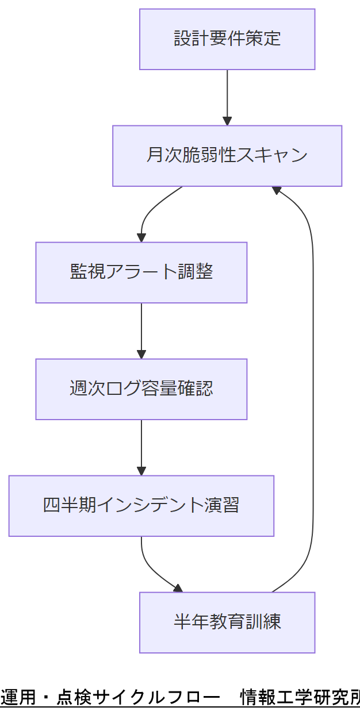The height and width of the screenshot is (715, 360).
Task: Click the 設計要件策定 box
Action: (227, 39)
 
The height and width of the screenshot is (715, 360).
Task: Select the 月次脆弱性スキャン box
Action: (227, 156)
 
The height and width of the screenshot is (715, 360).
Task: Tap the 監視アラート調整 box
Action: (141, 272)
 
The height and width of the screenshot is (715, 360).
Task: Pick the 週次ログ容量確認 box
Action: (141, 389)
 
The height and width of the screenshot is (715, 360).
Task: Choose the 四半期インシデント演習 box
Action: (141, 506)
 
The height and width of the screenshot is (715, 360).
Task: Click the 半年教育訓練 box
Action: (227, 622)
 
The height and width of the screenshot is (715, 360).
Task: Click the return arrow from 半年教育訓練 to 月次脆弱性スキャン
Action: (313, 391)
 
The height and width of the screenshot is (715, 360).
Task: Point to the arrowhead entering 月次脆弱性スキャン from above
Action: (227, 121)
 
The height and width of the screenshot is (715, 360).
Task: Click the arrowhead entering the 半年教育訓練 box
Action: (178, 589)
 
